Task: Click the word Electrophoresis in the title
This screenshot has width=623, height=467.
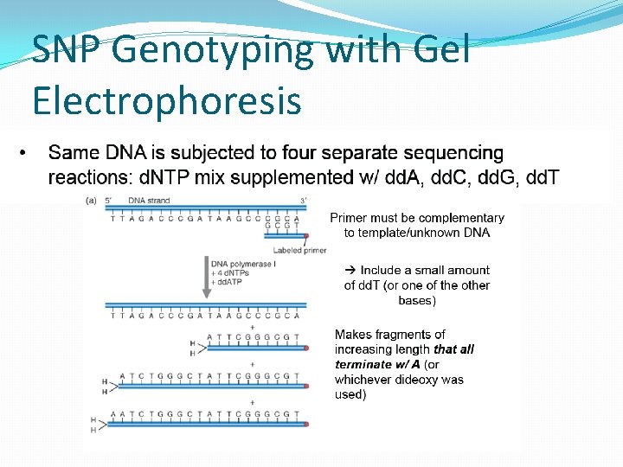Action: pyautogui.click(x=166, y=100)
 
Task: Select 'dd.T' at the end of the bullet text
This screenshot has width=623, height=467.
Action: pyautogui.click(x=541, y=178)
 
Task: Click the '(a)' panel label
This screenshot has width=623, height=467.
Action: pyautogui.click(x=91, y=201)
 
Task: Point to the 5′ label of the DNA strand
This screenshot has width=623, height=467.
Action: pyautogui.click(x=109, y=201)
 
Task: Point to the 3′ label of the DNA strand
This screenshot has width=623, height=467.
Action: pyautogui.click(x=303, y=201)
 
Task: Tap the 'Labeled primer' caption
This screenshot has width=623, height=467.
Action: pyautogui.click(x=299, y=250)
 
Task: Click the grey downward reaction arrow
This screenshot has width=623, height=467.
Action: pyautogui.click(x=206, y=277)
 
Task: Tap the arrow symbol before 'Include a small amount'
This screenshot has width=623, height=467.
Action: pyautogui.click(x=350, y=271)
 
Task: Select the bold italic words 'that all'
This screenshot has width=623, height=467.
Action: pyautogui.click(x=453, y=349)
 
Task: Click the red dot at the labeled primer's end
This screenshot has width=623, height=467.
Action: pyautogui.click(x=306, y=235)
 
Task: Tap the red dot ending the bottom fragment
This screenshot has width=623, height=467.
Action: pyautogui.click(x=306, y=425)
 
